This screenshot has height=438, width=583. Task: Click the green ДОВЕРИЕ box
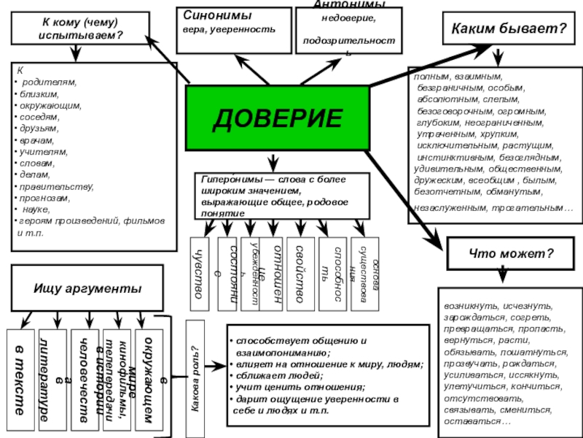point(277,118)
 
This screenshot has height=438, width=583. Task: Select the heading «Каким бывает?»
point(509,29)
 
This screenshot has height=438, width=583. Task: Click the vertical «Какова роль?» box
point(195,374)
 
